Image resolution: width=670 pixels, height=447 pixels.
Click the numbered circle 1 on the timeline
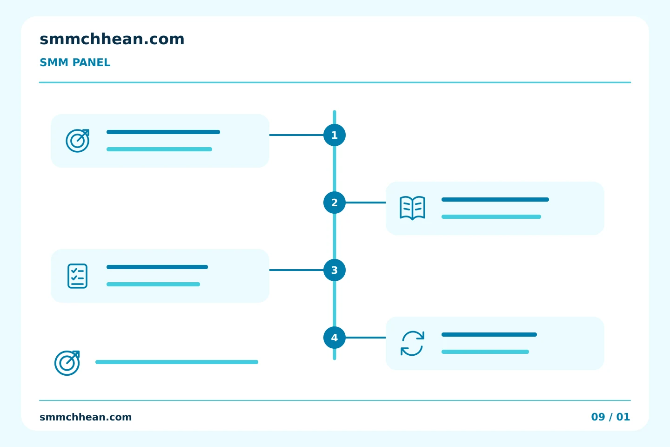[x=335, y=135]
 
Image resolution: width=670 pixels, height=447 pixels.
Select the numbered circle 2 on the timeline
[x=335, y=203]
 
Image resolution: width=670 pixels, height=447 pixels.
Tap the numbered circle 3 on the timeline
[x=335, y=270]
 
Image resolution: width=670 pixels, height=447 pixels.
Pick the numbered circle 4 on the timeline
[x=335, y=338]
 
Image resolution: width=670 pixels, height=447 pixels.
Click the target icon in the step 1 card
[x=77, y=141]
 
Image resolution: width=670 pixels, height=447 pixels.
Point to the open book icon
[x=412, y=208]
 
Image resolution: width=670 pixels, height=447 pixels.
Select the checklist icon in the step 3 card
[x=77, y=276]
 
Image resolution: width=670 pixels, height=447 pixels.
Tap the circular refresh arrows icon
[x=412, y=344]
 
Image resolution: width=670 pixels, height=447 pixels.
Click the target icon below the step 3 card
[x=67, y=363]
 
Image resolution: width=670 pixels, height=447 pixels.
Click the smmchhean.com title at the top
[x=112, y=39]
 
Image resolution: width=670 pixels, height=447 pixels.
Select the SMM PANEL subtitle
[x=75, y=62]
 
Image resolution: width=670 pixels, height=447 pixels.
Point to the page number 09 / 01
[x=610, y=417]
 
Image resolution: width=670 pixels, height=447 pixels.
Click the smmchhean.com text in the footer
[x=86, y=417]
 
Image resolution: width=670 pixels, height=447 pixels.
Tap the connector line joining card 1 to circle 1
[x=296, y=135]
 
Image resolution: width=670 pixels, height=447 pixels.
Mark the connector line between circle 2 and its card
[x=366, y=203]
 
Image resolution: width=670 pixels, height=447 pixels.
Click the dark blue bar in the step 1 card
[x=163, y=132]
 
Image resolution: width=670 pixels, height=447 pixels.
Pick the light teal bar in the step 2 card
[x=491, y=217]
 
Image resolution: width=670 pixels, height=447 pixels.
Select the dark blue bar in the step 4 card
[x=489, y=335]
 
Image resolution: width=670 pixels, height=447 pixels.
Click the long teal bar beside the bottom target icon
[x=177, y=362]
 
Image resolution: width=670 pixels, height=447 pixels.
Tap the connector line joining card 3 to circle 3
[x=296, y=270]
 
